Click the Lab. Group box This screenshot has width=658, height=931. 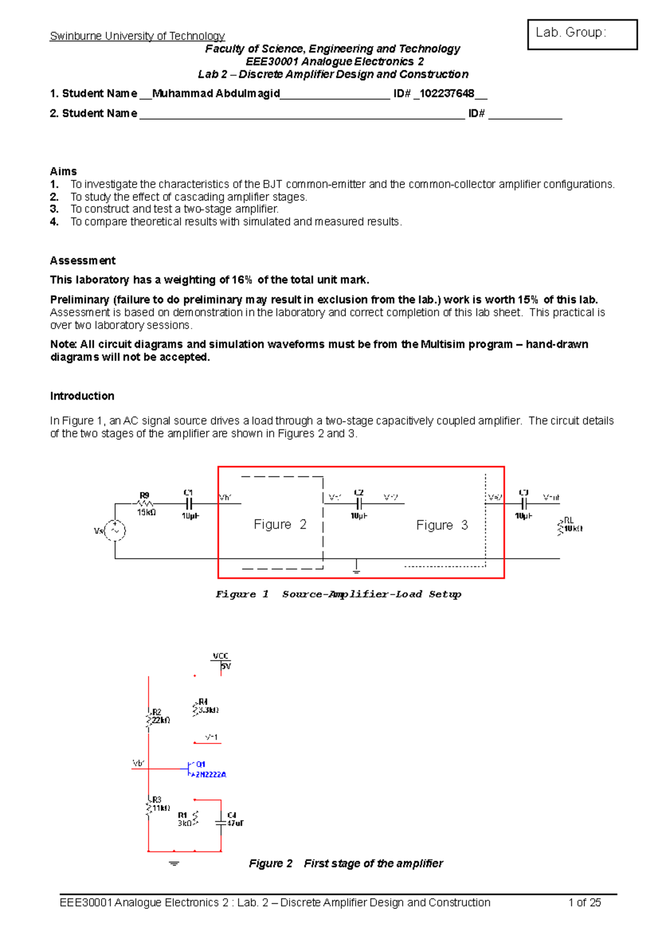click(582, 34)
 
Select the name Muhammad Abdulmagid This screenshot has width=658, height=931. click(216, 94)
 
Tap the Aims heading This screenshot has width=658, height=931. click(63, 171)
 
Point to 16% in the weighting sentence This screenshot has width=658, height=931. click(242, 280)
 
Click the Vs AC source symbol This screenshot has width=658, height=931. click(115, 530)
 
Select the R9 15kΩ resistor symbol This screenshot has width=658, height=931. click(145, 503)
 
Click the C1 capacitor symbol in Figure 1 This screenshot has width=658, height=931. click(189, 503)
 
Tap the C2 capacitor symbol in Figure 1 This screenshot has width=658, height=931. click(359, 503)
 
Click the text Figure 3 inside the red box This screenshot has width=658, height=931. click(442, 525)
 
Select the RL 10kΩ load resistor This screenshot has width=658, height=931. click(561, 527)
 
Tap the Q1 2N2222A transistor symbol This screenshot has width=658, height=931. click(190, 769)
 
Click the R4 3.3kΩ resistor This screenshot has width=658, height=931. click(195, 708)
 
